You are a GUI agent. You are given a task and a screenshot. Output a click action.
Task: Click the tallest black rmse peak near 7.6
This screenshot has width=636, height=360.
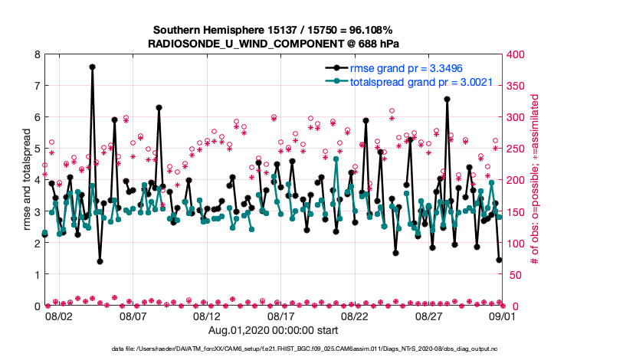pyautogui.click(x=92, y=67)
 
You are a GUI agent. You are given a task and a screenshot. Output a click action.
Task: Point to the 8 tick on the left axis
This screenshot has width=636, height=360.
pyautogui.click(x=37, y=54)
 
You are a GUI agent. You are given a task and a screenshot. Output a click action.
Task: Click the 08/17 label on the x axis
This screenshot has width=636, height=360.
pyautogui.click(x=280, y=316)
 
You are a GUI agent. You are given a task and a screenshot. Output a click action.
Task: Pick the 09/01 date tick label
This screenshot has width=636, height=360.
pyautogui.click(x=503, y=316)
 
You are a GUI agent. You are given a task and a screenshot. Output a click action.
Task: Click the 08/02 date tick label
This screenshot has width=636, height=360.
pyautogui.click(x=58, y=316)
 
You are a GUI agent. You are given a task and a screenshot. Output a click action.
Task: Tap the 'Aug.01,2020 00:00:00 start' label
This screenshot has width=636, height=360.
pyautogui.click(x=274, y=330)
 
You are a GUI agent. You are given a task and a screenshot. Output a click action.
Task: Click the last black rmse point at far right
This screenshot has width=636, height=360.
pyautogui.click(x=499, y=260)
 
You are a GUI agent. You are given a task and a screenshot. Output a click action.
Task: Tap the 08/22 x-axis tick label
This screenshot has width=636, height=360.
pyautogui.click(x=355, y=316)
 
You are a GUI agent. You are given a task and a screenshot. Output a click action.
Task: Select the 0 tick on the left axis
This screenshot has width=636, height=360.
pyautogui.click(x=37, y=306)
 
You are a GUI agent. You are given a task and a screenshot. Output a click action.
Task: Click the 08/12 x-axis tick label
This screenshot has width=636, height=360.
pyautogui.click(x=207, y=316)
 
